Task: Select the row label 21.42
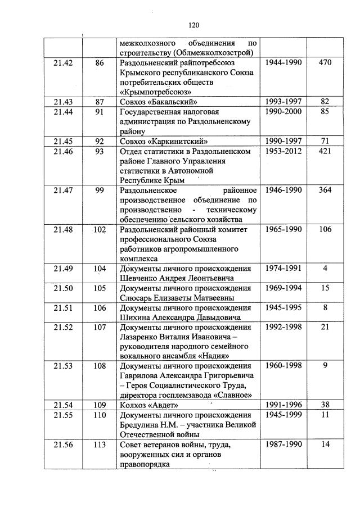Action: click(63, 63)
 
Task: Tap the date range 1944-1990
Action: click(283, 63)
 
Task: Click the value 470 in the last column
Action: click(325, 63)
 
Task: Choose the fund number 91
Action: click(100, 112)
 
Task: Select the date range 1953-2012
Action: click(283, 151)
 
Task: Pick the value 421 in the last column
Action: click(325, 151)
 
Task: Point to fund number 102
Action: click(100, 229)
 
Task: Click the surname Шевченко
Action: click(140, 278)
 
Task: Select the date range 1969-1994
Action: click(283, 288)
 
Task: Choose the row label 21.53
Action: click(63, 366)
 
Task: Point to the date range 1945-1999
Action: click(283, 415)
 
